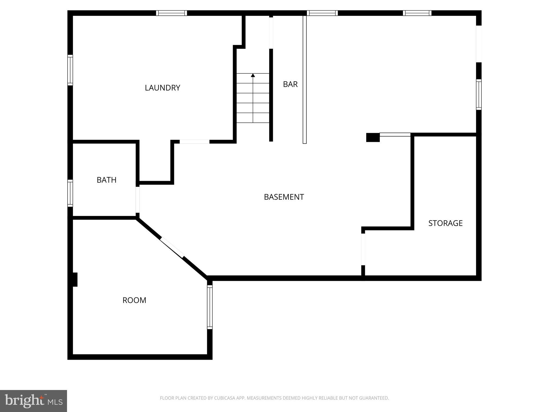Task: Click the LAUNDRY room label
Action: tap(162, 88)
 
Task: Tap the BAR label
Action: tap(290, 84)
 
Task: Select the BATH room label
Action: tap(106, 180)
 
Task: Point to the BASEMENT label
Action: tap(284, 197)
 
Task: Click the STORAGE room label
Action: tap(445, 223)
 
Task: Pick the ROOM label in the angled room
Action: tap(134, 300)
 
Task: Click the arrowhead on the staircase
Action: tap(253, 75)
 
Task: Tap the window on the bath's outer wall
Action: tap(70, 193)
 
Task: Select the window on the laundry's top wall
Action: tap(172, 13)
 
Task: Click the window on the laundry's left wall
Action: tap(70, 70)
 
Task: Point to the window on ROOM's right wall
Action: tap(210, 307)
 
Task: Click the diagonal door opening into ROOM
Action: tap(172, 248)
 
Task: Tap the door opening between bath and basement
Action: tap(138, 200)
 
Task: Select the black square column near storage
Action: tap(373, 137)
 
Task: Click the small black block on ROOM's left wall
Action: tap(75, 279)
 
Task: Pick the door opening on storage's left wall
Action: tap(363, 249)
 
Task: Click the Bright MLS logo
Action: tap(34, 401)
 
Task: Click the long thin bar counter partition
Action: tap(305, 79)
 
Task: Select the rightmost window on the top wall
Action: tap(417, 13)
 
